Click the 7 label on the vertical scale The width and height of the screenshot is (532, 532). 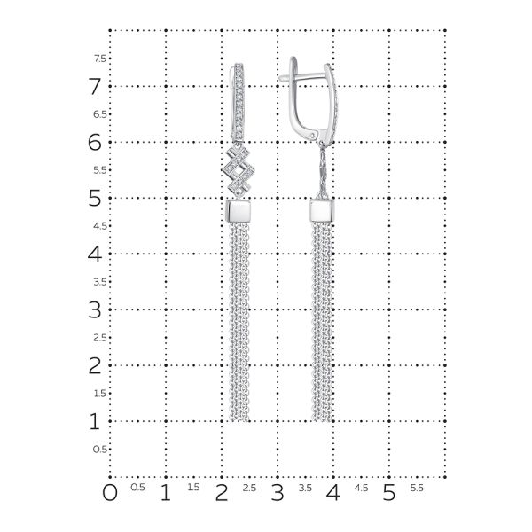(93, 86)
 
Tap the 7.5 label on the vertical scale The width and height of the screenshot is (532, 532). (100, 59)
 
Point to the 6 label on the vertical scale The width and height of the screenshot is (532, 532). (93, 142)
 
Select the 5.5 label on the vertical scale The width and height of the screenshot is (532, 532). (100, 170)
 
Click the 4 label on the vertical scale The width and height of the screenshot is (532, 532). (93, 254)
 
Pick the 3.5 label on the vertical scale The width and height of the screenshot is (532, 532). (100, 282)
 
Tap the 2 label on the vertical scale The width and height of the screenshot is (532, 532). (93, 365)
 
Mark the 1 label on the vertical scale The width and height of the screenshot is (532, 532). (93, 421)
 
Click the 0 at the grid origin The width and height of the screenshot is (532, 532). (110, 490)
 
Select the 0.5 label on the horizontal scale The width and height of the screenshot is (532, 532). (137, 488)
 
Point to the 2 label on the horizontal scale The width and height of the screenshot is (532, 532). (222, 490)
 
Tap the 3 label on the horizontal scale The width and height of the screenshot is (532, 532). (278, 490)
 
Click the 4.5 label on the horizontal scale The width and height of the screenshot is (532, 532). (361, 488)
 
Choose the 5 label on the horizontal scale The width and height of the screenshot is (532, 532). (388, 490)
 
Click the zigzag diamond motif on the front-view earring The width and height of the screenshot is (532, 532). (238, 170)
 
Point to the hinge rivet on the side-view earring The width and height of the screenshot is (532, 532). (317, 135)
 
